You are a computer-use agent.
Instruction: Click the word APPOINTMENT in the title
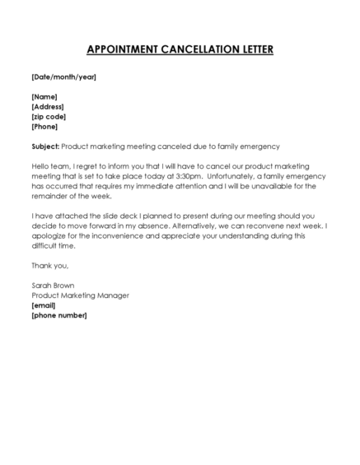[125, 49]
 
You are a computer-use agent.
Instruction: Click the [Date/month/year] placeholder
[63, 77]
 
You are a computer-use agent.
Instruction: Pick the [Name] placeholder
[44, 97]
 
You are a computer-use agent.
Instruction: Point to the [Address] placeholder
[48, 107]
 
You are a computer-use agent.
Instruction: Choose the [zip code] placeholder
[49, 117]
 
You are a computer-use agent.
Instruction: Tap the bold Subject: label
[45, 146]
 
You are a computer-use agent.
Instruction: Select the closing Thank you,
[49, 265]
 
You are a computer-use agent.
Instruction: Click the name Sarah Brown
[51, 286]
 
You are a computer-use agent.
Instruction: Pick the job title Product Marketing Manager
[80, 295]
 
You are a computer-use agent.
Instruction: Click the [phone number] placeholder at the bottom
[58, 315]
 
